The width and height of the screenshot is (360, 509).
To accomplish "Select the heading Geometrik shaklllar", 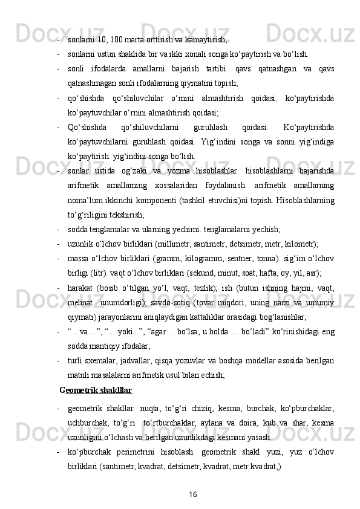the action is coord(96,391).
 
